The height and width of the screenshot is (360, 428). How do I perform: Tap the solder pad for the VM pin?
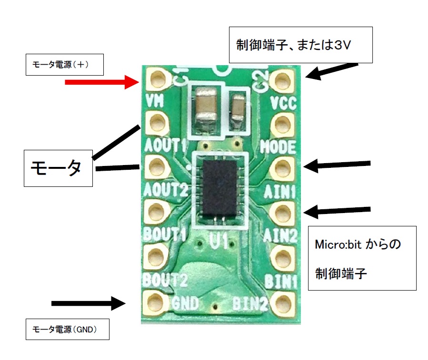tap(157, 79)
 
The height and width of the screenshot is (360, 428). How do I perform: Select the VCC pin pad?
tap(282, 79)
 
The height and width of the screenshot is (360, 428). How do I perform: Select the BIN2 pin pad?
tap(283, 302)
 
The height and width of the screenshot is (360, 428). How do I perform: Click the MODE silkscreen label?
tap(277, 147)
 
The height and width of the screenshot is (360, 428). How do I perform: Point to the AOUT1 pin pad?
tap(156, 124)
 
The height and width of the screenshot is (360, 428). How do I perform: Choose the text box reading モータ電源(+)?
tap(64, 66)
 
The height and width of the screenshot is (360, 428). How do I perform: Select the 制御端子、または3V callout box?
tap(300, 45)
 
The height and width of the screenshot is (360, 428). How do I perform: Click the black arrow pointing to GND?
tap(88, 303)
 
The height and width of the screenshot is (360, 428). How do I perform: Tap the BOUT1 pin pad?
tap(155, 212)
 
